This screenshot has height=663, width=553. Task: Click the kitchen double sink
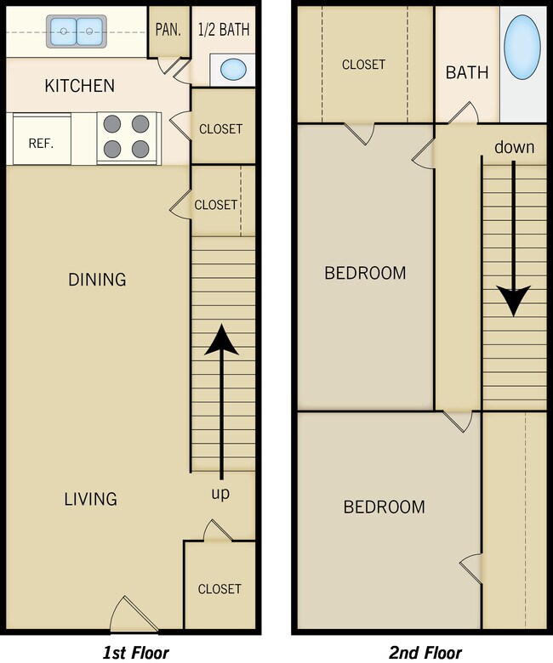click(x=75, y=32)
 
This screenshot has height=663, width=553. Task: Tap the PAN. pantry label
click(x=168, y=28)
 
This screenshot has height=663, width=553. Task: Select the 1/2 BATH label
click(x=225, y=28)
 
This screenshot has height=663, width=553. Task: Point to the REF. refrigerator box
click(x=41, y=143)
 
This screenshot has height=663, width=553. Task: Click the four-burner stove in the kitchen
click(x=128, y=138)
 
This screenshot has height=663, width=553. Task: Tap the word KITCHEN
click(x=79, y=86)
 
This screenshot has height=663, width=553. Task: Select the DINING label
click(x=97, y=279)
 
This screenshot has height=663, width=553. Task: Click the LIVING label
click(x=90, y=499)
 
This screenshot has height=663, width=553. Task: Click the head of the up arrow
click(x=221, y=338)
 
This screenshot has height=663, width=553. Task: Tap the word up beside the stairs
click(x=220, y=493)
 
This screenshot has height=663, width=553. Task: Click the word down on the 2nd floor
click(x=514, y=147)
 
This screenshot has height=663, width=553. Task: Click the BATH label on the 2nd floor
click(x=467, y=72)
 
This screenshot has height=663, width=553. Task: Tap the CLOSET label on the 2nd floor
click(x=363, y=65)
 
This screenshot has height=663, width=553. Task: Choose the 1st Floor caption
click(x=136, y=652)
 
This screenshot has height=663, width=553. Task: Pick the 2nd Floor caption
click(x=425, y=652)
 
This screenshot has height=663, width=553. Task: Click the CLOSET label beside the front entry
click(x=219, y=588)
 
